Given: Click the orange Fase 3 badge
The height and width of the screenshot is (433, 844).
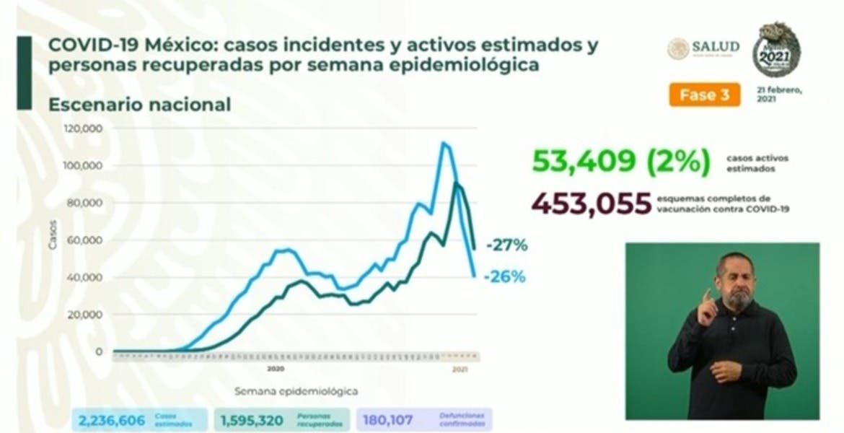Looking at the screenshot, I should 704,95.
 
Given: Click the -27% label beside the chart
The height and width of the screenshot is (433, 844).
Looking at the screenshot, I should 506,245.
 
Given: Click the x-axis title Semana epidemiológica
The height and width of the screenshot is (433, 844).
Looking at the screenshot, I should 296,392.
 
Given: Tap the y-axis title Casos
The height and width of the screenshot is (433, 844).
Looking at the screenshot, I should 53,240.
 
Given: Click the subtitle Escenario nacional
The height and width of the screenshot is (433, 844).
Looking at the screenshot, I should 139,105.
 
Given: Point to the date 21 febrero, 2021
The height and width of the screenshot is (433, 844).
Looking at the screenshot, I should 781,95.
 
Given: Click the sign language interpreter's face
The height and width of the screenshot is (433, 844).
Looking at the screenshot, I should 735,279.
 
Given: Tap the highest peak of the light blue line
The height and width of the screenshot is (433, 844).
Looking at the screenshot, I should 443,143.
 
